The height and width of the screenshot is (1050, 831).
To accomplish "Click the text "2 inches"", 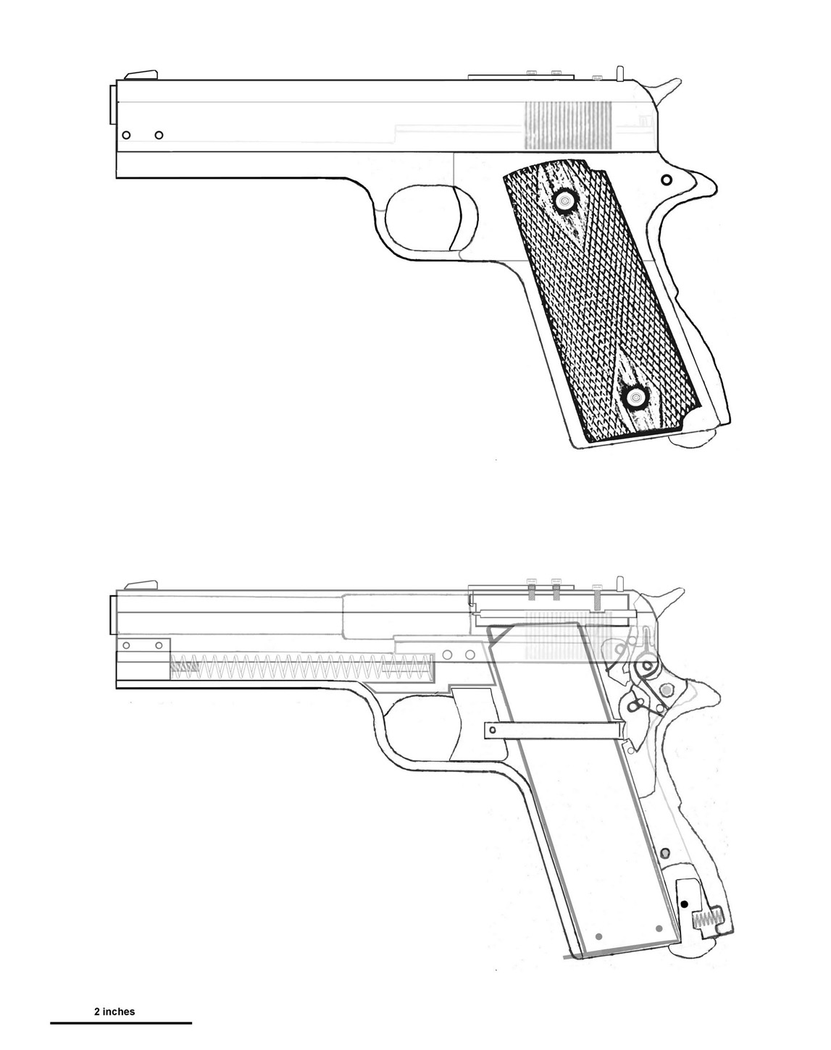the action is coord(114,1012).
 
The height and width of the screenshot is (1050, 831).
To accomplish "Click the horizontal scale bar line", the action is coord(121,1023).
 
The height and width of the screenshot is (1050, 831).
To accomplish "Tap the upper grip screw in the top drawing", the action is coord(566,198).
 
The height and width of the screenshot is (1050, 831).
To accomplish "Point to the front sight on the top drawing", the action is coord(141,75).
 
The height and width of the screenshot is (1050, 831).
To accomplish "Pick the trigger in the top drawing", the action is coord(456,219).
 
